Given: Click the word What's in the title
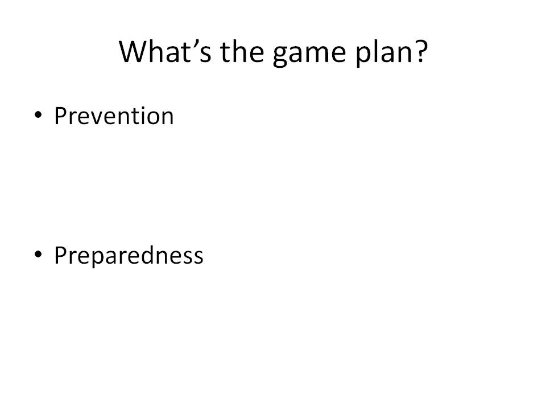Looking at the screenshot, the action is pos(165,52).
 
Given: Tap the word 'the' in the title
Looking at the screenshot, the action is pos(242,52).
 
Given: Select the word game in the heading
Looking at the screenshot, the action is pos(309,55).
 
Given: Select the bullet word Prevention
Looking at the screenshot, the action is pos(114,116).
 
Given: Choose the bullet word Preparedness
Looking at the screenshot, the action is pos(129,257).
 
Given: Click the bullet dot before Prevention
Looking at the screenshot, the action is pos(38,114).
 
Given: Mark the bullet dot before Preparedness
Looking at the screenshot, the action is pos(38,254).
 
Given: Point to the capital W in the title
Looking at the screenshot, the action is pos(133,52).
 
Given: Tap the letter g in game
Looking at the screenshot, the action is pos(280,56).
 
